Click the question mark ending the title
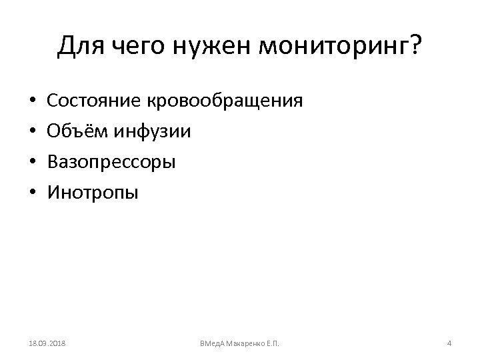click(415, 47)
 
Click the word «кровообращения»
click(224, 102)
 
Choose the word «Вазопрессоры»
click(111, 163)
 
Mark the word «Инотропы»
click(93, 193)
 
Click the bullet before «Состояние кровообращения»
click(32, 101)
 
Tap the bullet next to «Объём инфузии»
click(32, 132)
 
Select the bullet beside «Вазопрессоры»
click(32, 163)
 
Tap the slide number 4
click(449, 343)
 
